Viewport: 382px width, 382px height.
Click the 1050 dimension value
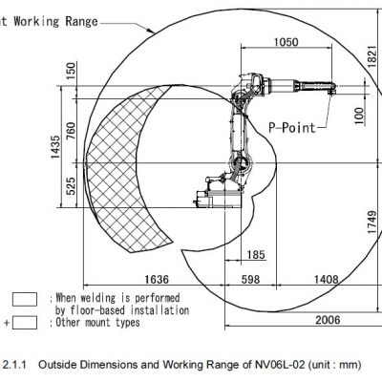tap(286, 42)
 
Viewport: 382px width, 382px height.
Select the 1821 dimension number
tap(372, 56)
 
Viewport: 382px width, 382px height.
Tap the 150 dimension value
tap(72, 71)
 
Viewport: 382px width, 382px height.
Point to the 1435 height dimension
tap(55, 147)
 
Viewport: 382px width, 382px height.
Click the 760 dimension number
tap(71, 131)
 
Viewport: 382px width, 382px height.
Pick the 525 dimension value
tap(71, 186)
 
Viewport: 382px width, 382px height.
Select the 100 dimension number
tap(359, 116)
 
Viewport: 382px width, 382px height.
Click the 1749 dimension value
tap(372, 222)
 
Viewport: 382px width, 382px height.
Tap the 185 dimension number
tap(256, 255)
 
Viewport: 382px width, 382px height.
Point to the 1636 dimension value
tap(157, 279)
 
